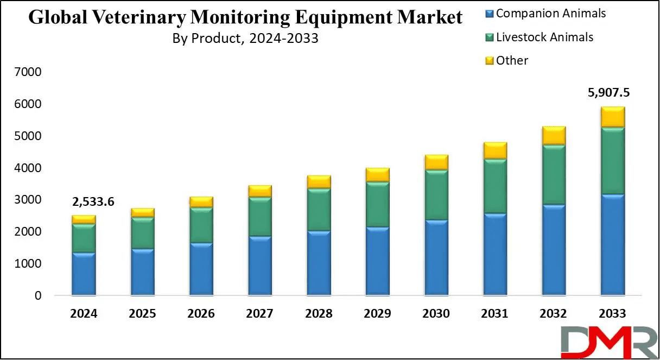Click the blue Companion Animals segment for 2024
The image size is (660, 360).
tap(84, 274)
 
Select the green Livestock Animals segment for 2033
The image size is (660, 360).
tap(612, 161)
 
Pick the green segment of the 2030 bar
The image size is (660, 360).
tap(436, 195)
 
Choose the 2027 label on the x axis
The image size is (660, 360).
tap(260, 314)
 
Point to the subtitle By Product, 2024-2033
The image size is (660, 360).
tap(245, 39)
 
